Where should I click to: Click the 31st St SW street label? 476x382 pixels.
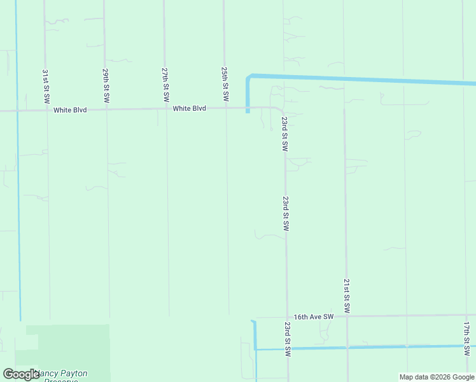coord(46,87)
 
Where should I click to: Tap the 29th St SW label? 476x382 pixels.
coord(106,87)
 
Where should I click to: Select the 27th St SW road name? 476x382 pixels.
coord(165,85)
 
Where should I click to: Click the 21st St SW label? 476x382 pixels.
coord(346,295)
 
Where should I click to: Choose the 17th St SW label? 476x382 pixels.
coord(466,338)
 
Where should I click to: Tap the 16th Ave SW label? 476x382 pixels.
coord(314,316)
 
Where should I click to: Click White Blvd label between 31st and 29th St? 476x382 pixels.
coord(70,110)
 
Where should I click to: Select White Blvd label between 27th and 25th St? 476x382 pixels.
coord(190,109)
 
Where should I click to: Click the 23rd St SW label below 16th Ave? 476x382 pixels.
coord(288,339)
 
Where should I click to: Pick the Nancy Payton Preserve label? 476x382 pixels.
coord(61,376)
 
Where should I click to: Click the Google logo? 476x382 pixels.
coord(21,374)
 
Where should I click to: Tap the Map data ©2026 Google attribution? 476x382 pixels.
coord(437,377)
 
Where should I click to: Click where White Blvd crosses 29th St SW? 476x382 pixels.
coord(106,110)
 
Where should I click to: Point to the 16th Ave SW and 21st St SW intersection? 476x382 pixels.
coord(347,316)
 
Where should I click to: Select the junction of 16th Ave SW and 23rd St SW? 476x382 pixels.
coord(287,316)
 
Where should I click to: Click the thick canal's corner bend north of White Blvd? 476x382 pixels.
coord(249,77)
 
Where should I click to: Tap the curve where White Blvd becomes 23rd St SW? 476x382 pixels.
coord(281,110)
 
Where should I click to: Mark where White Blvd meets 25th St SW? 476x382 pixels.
coord(225,108)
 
